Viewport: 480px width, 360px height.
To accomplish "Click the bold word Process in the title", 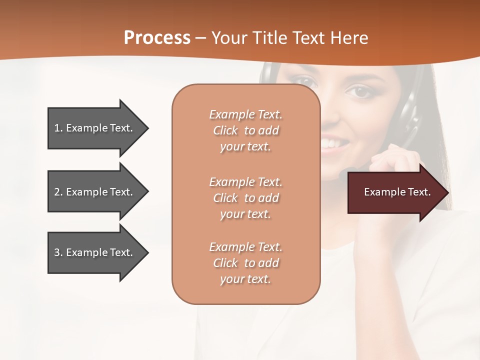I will [x=157, y=37].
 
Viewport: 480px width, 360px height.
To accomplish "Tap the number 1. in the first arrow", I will [x=58, y=128].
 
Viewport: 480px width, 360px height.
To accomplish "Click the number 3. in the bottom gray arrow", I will [x=58, y=252].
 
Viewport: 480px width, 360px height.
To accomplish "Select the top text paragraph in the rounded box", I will [x=245, y=130].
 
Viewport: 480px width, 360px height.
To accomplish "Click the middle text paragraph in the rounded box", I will [x=245, y=198].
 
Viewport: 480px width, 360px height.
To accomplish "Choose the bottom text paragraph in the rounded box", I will [x=245, y=263].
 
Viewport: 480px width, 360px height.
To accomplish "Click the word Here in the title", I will [x=349, y=38].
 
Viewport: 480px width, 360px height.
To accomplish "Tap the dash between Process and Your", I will [x=200, y=38].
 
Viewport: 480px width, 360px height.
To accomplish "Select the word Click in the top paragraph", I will [x=225, y=130].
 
